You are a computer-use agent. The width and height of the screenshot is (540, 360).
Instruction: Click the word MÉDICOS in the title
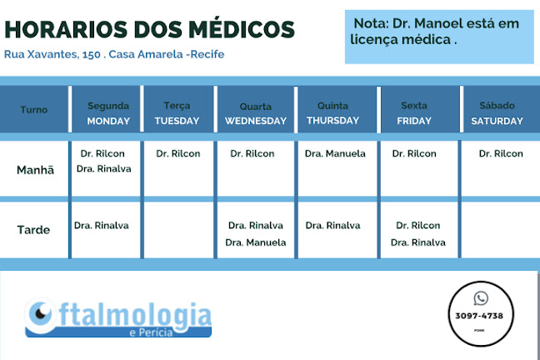[242, 29]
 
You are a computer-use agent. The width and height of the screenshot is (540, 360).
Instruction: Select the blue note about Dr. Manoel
[439, 37]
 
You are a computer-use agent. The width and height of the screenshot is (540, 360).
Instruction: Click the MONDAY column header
[108, 121]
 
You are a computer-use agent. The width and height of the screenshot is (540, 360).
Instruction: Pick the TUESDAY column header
[177, 121]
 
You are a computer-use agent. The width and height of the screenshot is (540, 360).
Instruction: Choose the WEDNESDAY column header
[256, 121]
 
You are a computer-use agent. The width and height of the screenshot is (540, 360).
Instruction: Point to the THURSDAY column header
[332, 120]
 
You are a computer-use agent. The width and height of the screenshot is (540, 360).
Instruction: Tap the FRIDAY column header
[414, 121]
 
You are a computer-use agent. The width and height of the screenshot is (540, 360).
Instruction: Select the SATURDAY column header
[497, 121]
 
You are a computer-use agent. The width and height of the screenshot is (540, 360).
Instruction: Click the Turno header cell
[33, 109]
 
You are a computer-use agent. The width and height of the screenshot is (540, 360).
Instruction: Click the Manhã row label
[35, 169]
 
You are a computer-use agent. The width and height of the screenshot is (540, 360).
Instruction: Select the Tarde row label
[33, 230]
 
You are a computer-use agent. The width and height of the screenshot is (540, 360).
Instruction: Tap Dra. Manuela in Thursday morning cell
[335, 153]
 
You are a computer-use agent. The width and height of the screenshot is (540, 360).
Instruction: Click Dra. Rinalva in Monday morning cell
[103, 168]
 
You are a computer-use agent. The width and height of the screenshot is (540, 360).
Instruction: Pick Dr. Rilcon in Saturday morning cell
[501, 153]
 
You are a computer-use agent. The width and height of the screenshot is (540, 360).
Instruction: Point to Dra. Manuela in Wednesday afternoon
[256, 242]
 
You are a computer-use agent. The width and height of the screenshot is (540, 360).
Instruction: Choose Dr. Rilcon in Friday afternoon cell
[417, 225]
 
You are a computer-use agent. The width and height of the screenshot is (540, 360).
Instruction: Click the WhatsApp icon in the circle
[481, 298]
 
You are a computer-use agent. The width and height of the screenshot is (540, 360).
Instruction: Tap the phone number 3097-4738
[479, 316]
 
